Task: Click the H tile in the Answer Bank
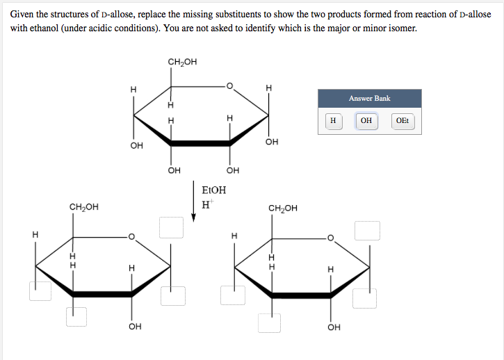[x=333, y=121]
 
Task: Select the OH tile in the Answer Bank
[x=366, y=121]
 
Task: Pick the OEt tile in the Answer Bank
[x=402, y=121]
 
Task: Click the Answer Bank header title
[x=369, y=99]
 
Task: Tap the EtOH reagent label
[x=213, y=190]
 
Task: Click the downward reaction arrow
[x=194, y=202]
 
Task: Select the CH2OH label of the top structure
[x=182, y=62]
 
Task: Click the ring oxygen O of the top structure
[x=231, y=86]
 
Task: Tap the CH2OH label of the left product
[x=83, y=206]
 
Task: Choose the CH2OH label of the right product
[x=282, y=207]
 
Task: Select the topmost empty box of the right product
[x=367, y=230]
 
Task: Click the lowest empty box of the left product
[x=76, y=316]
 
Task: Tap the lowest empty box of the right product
[x=269, y=323]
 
